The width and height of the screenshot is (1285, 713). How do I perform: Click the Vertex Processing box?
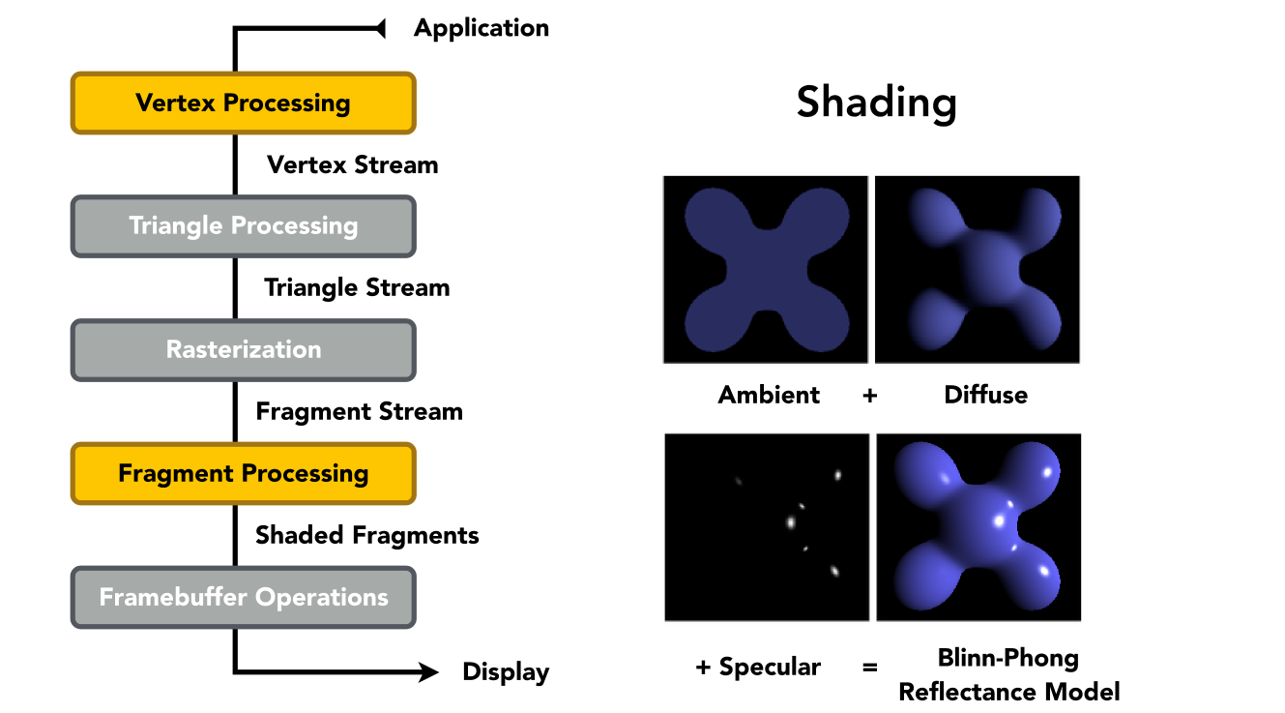(244, 104)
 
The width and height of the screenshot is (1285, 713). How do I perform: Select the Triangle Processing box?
(244, 226)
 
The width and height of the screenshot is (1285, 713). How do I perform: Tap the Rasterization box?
(244, 350)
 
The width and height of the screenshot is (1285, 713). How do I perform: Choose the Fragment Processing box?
(244, 474)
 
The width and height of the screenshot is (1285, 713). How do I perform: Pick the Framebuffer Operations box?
(244, 598)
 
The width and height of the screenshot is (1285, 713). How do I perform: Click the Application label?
(482, 29)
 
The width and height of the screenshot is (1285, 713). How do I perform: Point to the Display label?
(506, 672)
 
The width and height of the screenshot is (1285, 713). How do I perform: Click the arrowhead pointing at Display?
(428, 671)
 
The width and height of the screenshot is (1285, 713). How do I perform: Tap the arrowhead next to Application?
(380, 28)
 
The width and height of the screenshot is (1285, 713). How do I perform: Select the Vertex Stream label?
(353, 165)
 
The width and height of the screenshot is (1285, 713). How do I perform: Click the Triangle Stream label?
(357, 288)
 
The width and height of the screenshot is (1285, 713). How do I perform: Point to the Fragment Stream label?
(359, 412)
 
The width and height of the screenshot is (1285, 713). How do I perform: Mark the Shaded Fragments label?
(367, 536)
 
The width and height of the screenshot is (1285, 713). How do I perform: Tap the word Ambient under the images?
(769, 395)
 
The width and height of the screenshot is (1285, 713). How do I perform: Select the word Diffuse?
(985, 395)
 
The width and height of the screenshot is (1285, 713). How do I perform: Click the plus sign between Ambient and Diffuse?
(869, 396)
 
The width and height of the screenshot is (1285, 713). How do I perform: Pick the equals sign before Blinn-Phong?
(869, 668)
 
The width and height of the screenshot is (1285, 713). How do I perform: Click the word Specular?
(770, 668)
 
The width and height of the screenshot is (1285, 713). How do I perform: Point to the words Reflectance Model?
(1009, 692)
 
